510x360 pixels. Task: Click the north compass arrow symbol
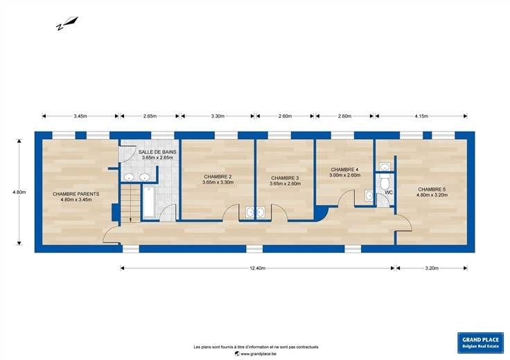67,24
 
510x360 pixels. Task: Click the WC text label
389,192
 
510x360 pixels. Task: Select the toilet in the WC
385,183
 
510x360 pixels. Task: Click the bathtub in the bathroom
150,201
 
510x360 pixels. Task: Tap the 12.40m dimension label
258,268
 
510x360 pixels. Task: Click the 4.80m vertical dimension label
19,192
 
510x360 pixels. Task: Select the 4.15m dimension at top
421,116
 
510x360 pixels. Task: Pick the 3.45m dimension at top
80,116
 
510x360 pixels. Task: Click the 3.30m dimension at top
218,116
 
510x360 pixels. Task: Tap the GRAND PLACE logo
480,343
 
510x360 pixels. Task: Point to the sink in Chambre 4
369,196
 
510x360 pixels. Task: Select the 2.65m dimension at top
150,116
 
